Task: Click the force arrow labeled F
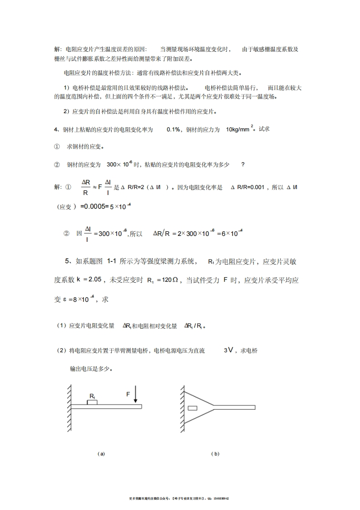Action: pyautogui.click(x=135, y=395)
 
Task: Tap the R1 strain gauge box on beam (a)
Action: pyautogui.click(x=92, y=402)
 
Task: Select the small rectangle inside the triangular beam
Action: pyautogui.click(x=192, y=408)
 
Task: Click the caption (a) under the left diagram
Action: pyautogui.click(x=101, y=454)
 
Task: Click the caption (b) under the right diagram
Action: pyautogui.click(x=215, y=454)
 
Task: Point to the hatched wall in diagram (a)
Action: pyautogui.click(x=69, y=408)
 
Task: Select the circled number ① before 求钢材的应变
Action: pyautogui.click(x=57, y=147)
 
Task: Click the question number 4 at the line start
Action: pyautogui.click(x=55, y=130)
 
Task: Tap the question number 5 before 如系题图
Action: pyautogui.click(x=67, y=261)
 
